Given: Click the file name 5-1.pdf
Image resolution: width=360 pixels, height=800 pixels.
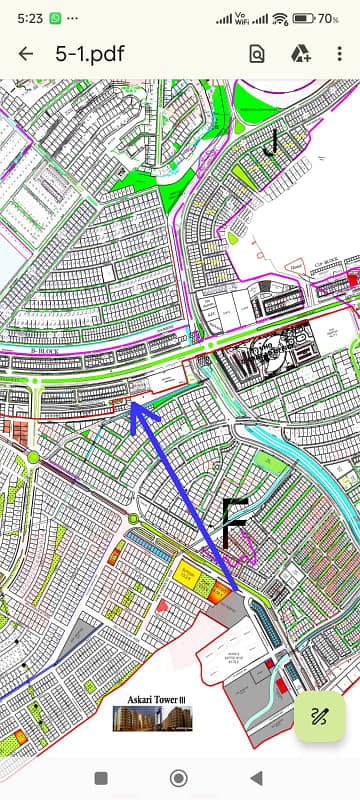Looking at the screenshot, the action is [91, 54].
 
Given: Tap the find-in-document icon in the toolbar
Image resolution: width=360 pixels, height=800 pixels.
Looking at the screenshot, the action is [257, 55].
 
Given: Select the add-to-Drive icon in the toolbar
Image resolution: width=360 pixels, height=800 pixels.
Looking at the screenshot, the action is [300, 55].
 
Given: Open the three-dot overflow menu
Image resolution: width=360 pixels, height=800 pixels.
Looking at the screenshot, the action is [340, 55].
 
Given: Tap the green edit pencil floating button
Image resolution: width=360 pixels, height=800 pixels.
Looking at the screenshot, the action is [320, 715].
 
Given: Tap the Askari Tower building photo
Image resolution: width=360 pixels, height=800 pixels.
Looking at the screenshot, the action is [152, 717].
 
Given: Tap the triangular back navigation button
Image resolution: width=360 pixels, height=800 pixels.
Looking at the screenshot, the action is [256, 777].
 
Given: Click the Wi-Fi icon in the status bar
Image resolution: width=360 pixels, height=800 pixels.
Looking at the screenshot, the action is [280, 18].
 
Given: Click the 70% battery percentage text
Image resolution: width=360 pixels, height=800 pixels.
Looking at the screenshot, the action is [329, 18].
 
